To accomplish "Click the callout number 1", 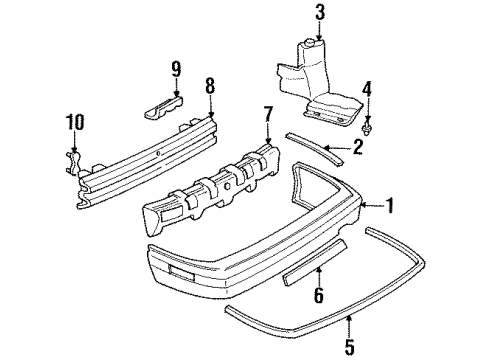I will pyautogui.click(x=391, y=207).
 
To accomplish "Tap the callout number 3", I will pyautogui.click(x=320, y=13).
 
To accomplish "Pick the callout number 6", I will pyautogui.click(x=318, y=297).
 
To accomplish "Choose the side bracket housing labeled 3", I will pyautogui.click(x=315, y=80).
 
